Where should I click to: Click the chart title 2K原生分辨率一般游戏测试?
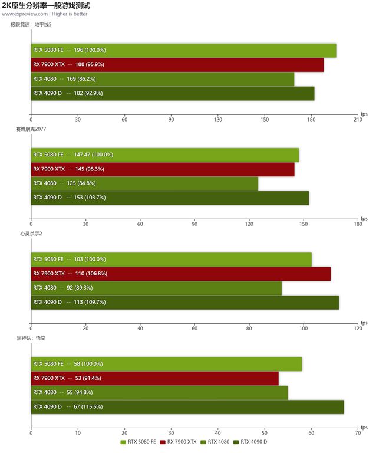(46, 5)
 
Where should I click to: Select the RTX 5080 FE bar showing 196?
(183, 51)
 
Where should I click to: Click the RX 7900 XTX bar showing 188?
(177, 65)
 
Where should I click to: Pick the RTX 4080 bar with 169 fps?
(162, 79)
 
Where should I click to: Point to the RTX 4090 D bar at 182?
(172, 93)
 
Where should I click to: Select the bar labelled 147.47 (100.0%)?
(164, 155)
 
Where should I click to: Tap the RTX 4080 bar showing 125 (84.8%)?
(144, 183)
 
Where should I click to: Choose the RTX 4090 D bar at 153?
(170, 198)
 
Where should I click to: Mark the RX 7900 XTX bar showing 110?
(180, 274)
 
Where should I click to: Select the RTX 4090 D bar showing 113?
(184, 302)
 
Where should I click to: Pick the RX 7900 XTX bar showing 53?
(154, 378)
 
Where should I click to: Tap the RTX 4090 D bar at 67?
(187, 406)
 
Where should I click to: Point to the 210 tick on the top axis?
(358, 120)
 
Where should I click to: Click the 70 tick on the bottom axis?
(358, 433)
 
